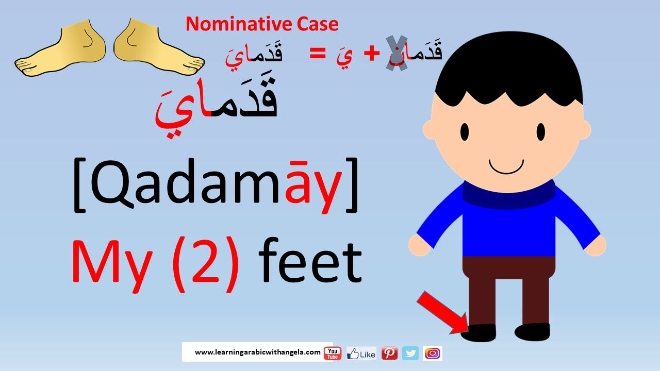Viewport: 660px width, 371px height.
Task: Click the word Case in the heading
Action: click(318, 24)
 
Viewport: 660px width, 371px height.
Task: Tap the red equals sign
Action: click(318, 54)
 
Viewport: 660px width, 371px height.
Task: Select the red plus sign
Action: click(372, 54)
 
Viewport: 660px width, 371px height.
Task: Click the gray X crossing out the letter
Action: click(397, 53)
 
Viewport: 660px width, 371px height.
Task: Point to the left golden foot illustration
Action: click(60, 48)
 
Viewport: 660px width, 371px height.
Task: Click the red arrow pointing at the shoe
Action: click(442, 313)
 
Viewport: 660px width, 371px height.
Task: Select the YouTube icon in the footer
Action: click(333, 353)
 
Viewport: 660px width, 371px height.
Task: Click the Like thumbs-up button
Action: click(361, 353)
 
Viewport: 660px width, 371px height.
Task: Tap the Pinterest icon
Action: click(389, 353)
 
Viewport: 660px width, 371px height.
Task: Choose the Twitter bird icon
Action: click(410, 353)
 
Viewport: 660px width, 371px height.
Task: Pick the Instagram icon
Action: click(433, 353)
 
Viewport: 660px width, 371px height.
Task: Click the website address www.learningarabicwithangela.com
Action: click(257, 352)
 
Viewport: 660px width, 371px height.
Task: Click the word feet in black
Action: click(310, 261)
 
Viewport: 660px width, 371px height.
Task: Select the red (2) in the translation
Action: click(205, 264)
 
